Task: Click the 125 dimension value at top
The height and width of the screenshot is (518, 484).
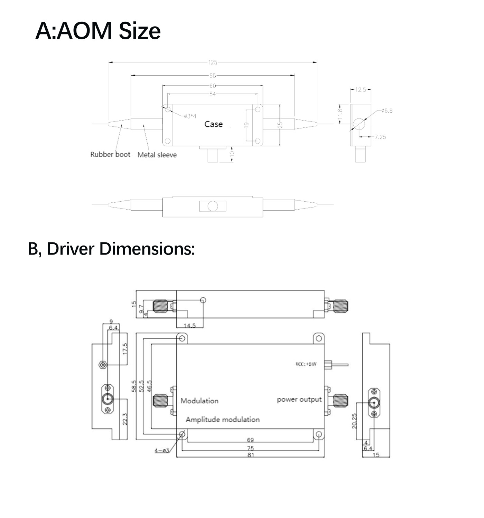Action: (213, 63)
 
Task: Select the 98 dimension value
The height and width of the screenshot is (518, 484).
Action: (213, 75)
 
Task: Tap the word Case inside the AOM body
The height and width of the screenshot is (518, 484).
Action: (213, 124)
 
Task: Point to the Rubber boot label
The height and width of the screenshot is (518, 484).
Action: (110, 155)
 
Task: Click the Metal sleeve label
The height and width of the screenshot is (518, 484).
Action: (157, 155)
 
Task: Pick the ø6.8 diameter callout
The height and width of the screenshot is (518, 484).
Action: (387, 111)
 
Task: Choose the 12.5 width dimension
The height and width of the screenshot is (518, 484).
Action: (360, 90)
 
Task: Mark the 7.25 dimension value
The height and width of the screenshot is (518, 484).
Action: (380, 137)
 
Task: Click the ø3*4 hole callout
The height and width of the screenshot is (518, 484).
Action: (190, 116)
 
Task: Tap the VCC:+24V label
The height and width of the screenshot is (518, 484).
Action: (306, 364)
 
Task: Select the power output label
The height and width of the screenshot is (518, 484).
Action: (299, 400)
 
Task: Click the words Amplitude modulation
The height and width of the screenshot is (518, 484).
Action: (223, 420)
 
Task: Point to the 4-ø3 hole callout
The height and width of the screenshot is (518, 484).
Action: (161, 450)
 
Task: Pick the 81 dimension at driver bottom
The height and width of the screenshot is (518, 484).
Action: (251, 455)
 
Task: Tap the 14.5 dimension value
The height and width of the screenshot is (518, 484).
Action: (189, 325)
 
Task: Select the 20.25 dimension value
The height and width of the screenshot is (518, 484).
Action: (354, 421)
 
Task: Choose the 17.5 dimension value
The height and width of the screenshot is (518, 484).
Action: (125, 349)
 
